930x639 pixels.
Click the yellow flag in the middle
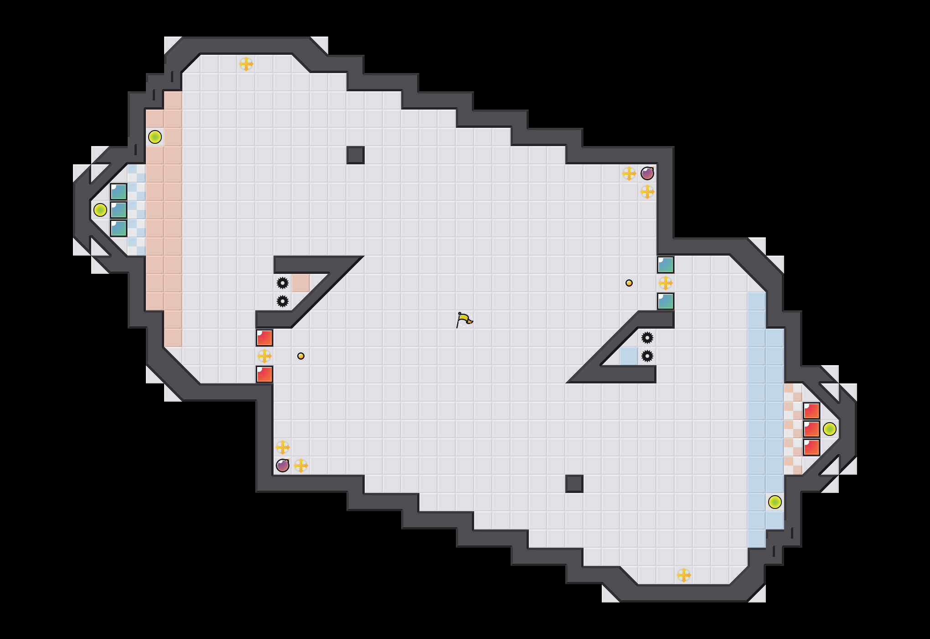[464, 319]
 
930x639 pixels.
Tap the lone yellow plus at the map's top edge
[246, 64]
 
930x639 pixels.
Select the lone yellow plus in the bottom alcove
[684, 575]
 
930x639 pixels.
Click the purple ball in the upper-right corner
[647, 173]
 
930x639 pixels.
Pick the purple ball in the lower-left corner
[283, 466]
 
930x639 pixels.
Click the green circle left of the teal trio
[100, 210]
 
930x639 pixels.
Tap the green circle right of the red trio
[830, 429]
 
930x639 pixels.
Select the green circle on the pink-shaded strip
[155, 137]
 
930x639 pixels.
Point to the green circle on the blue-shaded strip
[775, 502]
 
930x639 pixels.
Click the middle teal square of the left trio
[119, 210]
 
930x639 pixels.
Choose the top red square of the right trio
[811, 411]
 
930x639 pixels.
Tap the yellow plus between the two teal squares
[666, 283]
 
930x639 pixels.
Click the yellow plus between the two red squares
[264, 356]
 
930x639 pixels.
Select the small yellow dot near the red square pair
[301, 356]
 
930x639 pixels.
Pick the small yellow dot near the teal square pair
[629, 283]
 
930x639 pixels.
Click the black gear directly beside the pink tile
[283, 283]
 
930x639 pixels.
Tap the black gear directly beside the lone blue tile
[647, 356]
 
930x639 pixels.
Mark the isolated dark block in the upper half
[356, 155]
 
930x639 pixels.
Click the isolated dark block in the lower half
[574, 484]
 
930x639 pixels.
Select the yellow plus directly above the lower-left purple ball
[283, 447]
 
